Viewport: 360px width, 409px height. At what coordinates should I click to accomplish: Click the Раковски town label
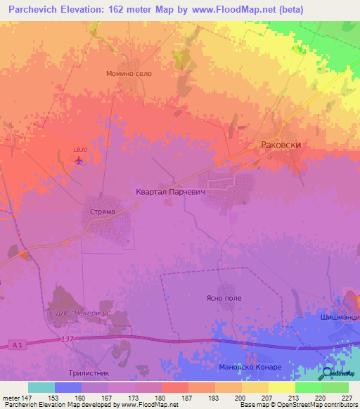click(x=281, y=144)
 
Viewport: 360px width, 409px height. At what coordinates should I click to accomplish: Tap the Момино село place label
click(x=129, y=73)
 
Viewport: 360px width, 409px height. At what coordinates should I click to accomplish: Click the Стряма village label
click(x=101, y=209)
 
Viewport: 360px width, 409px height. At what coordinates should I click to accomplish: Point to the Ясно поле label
click(x=224, y=298)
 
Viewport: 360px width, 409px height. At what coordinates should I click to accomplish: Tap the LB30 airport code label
click(x=80, y=150)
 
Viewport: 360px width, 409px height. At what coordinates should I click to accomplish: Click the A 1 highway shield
click(x=18, y=344)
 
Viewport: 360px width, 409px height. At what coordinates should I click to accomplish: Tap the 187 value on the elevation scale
click(x=188, y=397)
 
